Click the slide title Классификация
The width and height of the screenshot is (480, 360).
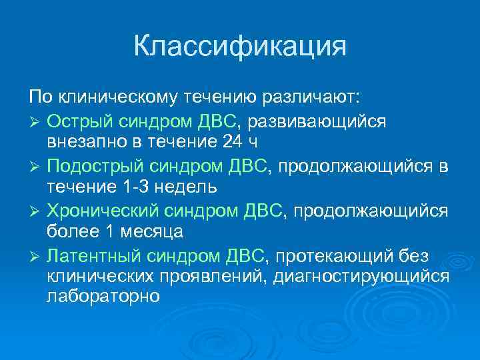240,47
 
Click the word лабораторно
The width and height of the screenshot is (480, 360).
103,297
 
